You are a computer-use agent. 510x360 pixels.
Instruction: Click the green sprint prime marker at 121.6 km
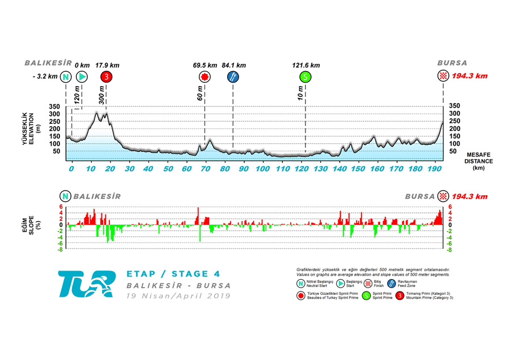[x=305, y=77]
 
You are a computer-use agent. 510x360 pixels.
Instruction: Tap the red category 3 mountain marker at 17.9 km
[x=106, y=77]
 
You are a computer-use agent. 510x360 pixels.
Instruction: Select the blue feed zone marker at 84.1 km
[x=233, y=77]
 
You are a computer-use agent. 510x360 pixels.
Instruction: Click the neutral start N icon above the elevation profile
[x=66, y=77]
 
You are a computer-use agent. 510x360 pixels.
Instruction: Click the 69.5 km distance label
[x=205, y=65]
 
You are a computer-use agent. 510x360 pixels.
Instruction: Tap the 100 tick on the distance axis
[x=262, y=169]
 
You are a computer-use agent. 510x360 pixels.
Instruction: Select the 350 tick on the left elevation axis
[x=54, y=106]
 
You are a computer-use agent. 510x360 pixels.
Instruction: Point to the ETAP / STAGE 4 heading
[x=172, y=274]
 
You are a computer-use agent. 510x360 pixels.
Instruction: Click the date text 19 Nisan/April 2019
[x=178, y=295]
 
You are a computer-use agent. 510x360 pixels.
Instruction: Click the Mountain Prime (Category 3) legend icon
[x=400, y=295]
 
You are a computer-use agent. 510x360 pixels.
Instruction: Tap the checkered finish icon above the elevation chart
[x=443, y=76]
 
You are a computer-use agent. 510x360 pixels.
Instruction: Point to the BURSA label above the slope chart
[x=420, y=196]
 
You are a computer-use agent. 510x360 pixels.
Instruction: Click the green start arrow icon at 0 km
[x=82, y=77]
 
